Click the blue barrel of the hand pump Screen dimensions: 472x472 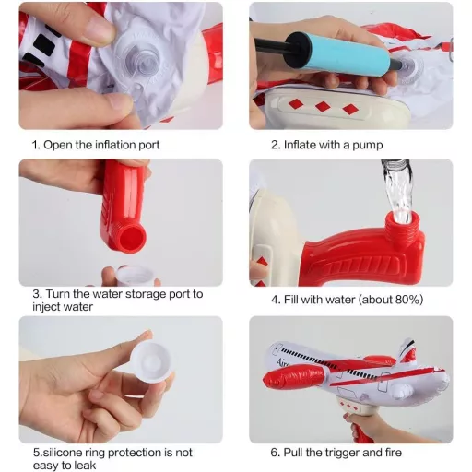351,53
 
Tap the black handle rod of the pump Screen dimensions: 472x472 270,46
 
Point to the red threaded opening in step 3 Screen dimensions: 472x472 132,239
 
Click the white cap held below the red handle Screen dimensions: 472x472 135,275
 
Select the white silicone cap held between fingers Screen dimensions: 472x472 150,362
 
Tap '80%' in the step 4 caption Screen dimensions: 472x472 407,300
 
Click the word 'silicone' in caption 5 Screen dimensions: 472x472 64,453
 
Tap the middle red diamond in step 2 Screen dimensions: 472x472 323,107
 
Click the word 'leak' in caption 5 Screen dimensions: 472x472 86,466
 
